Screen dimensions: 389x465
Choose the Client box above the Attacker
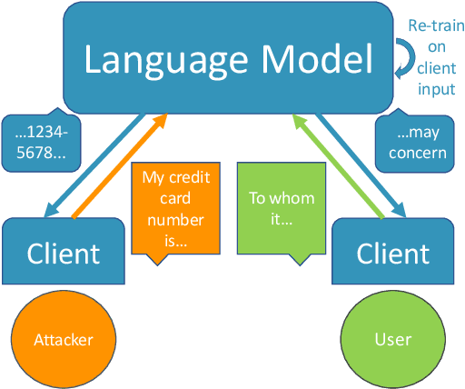[x=63, y=253]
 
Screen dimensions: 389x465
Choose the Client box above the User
[x=393, y=253]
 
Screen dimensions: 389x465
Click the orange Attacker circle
[x=64, y=340]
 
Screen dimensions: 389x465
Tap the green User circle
[x=392, y=340]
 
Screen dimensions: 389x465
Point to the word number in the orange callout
[x=173, y=221]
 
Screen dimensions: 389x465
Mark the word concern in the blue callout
[x=417, y=152]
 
